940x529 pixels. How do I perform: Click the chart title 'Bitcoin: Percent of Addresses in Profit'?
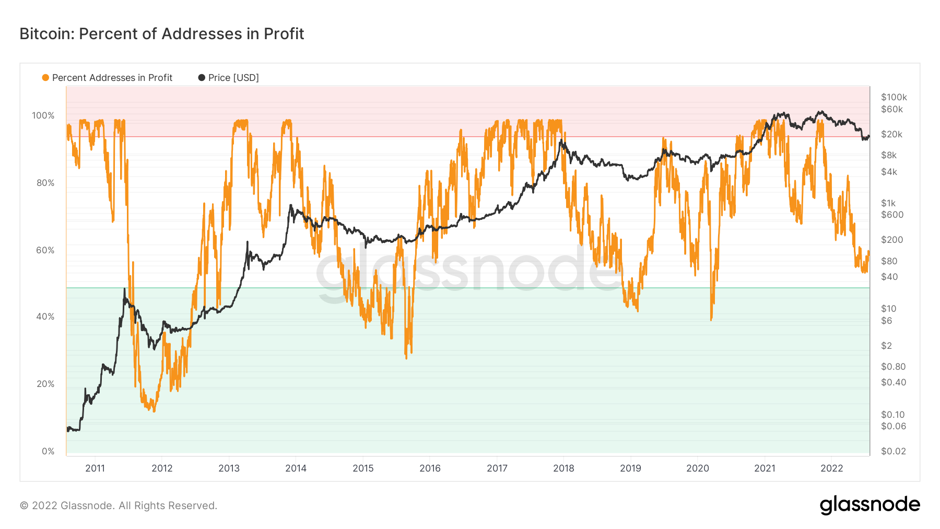pyautogui.click(x=162, y=34)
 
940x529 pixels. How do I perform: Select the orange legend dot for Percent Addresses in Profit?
pyautogui.click(x=45, y=78)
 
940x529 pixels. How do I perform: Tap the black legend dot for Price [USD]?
pyautogui.click(x=202, y=78)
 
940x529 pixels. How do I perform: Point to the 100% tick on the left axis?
pyautogui.click(x=43, y=115)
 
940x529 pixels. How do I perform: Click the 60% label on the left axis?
pyautogui.click(x=45, y=250)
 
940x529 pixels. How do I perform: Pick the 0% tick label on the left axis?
pyautogui.click(x=48, y=451)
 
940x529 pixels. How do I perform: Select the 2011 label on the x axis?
pyautogui.click(x=95, y=468)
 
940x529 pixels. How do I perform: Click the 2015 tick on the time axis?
pyautogui.click(x=363, y=468)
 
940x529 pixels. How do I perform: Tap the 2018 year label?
pyautogui.click(x=563, y=468)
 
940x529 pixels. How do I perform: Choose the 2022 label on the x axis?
pyautogui.click(x=831, y=468)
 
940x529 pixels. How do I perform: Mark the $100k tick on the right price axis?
pyautogui.click(x=894, y=97)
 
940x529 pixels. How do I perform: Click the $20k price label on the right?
pyautogui.click(x=891, y=134)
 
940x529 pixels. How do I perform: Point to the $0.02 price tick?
pyautogui.click(x=893, y=451)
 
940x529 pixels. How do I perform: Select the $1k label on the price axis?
pyautogui.click(x=888, y=203)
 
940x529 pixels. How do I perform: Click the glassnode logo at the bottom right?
pyautogui.click(x=869, y=505)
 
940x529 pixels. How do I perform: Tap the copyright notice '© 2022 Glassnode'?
pyautogui.click(x=118, y=506)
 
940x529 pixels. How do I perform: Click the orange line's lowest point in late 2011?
pyautogui.click(x=154, y=411)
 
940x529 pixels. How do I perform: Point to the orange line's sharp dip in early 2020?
pyautogui.click(x=711, y=319)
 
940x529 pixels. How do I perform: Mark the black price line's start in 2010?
pyautogui.click(x=68, y=429)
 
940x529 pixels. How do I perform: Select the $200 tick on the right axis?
pyautogui.click(x=892, y=240)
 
